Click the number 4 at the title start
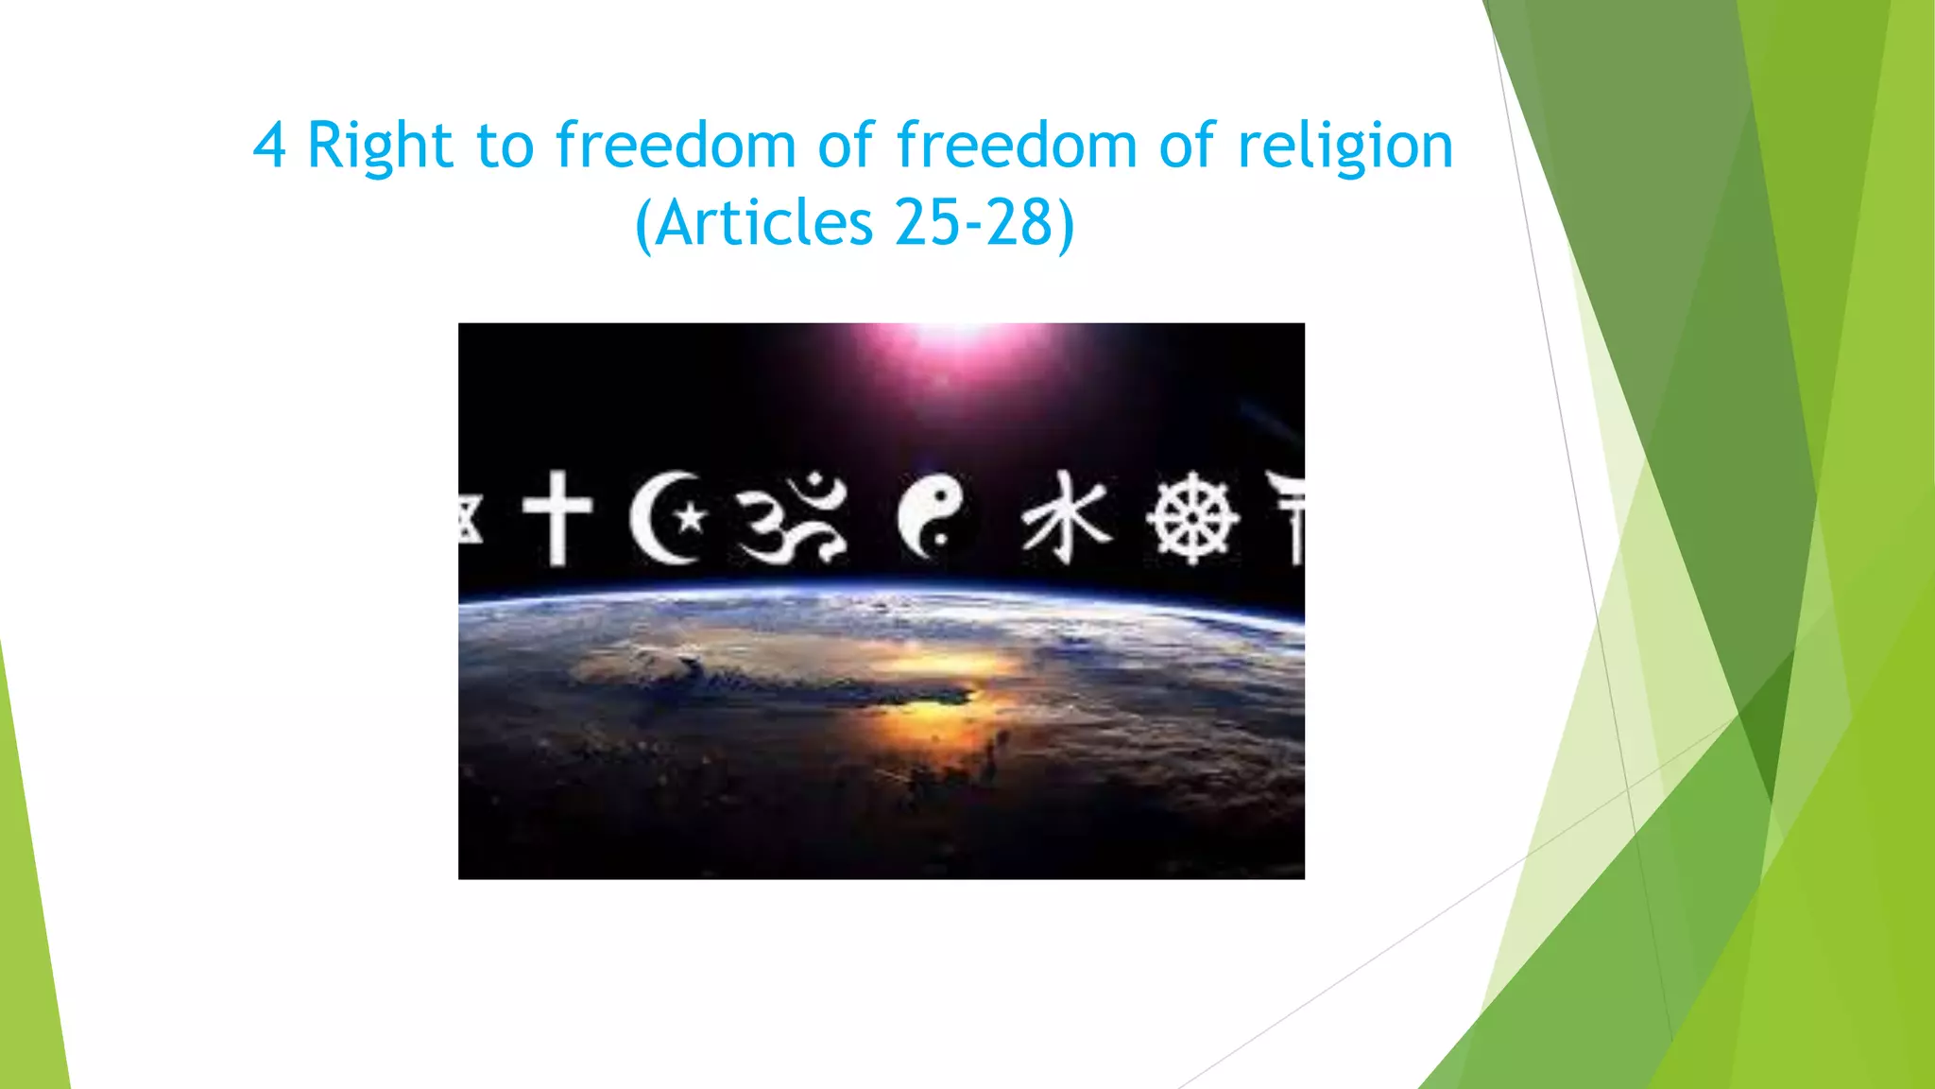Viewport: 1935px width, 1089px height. pos(269,147)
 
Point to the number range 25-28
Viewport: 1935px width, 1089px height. pos(972,224)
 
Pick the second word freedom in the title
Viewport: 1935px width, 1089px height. pos(1017,147)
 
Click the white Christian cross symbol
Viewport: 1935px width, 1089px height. pos(557,517)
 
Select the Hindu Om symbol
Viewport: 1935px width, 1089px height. pos(792,517)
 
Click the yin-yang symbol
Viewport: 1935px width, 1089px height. pos(931,517)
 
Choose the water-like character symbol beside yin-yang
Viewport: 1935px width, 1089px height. pos(1066,517)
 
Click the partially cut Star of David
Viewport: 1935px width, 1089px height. pos(469,518)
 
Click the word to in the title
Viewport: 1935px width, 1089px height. pos(505,147)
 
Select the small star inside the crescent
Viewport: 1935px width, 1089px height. pos(691,517)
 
